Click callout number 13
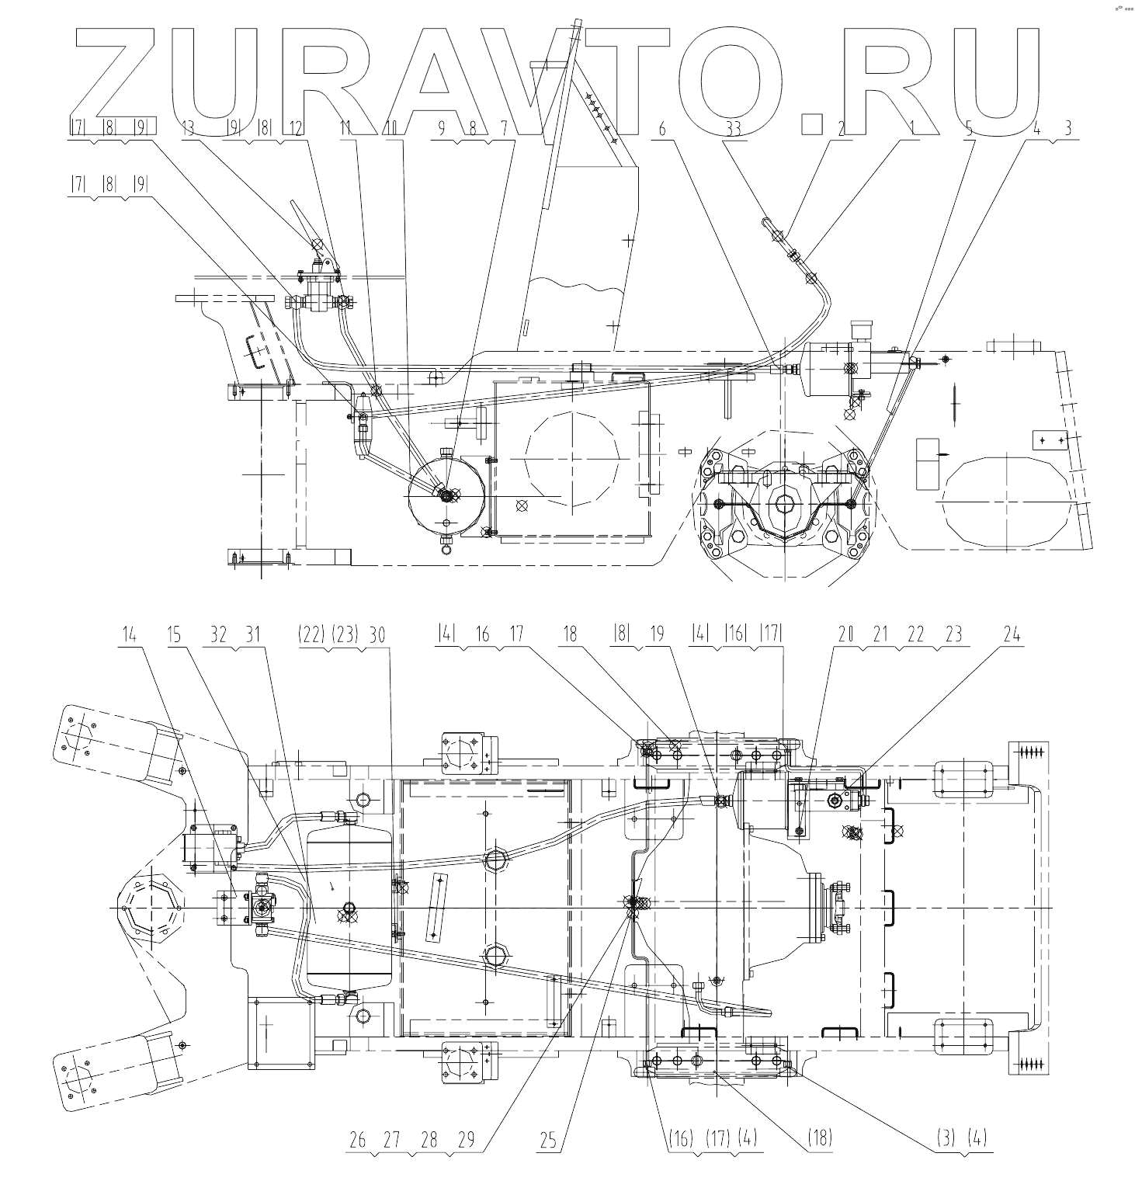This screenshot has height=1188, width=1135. point(188,128)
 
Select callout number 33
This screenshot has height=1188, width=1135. point(733,128)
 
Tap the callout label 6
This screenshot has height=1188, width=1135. point(661,128)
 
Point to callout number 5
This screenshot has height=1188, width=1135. point(968,128)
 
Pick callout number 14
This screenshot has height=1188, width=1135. point(129,634)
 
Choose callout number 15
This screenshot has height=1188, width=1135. point(174,634)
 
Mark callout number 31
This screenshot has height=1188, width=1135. point(253,634)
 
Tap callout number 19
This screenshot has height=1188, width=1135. point(657,634)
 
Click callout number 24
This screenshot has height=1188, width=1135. point(1011,634)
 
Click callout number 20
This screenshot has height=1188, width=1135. point(845,634)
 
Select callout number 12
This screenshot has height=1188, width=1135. point(295,128)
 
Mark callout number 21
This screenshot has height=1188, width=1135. point(880,634)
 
